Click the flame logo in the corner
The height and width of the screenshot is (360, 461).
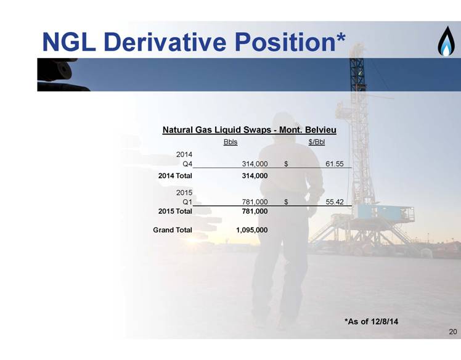pyautogui.click(x=446, y=41)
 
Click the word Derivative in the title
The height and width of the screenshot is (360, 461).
pyautogui.click(x=165, y=42)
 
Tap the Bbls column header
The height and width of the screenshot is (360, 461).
pyautogui.click(x=230, y=142)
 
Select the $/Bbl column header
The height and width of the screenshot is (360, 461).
pyautogui.click(x=317, y=142)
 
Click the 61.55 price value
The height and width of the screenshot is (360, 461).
pyautogui.click(x=334, y=164)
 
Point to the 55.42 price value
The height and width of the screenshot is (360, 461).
pyautogui.click(x=335, y=202)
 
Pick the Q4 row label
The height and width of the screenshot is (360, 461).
pyautogui.click(x=187, y=164)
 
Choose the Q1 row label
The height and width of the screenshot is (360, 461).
pyautogui.click(x=187, y=202)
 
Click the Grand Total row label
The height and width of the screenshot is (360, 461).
pyautogui.click(x=173, y=230)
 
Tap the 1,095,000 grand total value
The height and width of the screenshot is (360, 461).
pyautogui.click(x=252, y=230)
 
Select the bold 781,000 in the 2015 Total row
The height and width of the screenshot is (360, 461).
pyautogui.click(x=255, y=211)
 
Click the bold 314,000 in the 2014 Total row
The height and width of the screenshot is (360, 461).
pyautogui.click(x=255, y=176)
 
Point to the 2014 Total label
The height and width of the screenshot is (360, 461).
pyautogui.click(x=175, y=176)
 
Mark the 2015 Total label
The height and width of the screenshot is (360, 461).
pyautogui.click(x=175, y=211)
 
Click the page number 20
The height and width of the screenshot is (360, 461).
pyautogui.click(x=453, y=332)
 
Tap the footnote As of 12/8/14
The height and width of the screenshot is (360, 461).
pyautogui.click(x=372, y=321)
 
